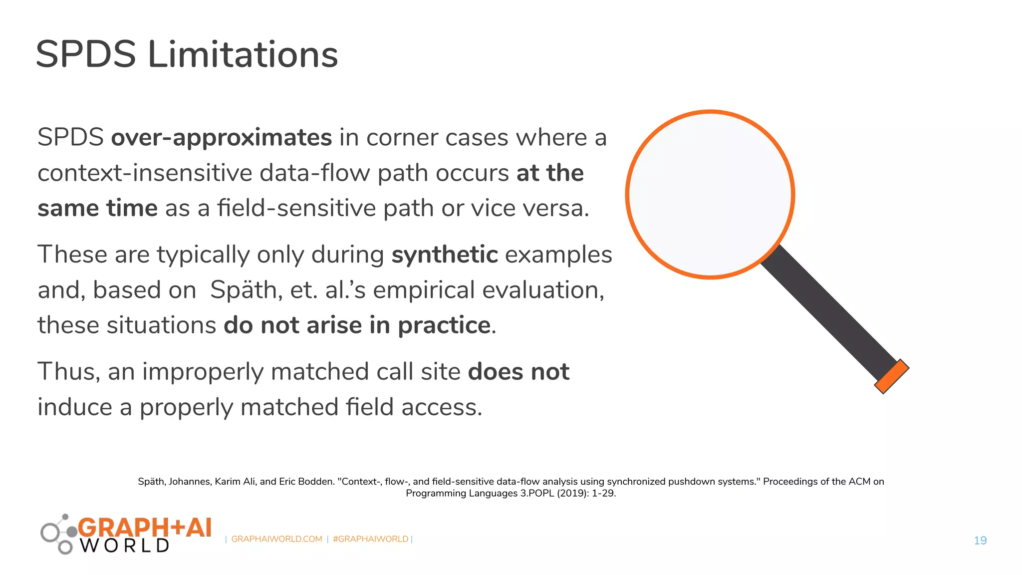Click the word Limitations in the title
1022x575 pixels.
click(x=243, y=54)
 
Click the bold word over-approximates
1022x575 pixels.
click(x=221, y=138)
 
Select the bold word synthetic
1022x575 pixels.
click(x=445, y=255)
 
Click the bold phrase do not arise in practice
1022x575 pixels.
click(x=357, y=325)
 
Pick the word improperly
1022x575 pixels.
click(x=203, y=372)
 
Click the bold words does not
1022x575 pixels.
click(x=518, y=372)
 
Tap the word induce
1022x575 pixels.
click(x=75, y=407)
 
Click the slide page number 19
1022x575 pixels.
click(x=980, y=541)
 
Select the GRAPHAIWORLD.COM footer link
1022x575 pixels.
click(x=276, y=539)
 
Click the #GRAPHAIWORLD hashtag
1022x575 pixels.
click(x=370, y=539)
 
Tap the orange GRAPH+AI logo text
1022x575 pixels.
click(x=145, y=528)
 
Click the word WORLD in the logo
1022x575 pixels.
click(x=125, y=546)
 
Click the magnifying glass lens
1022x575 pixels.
click(x=710, y=194)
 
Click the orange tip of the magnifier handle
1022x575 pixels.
click(x=892, y=376)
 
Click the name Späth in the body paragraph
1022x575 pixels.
click(x=243, y=290)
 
